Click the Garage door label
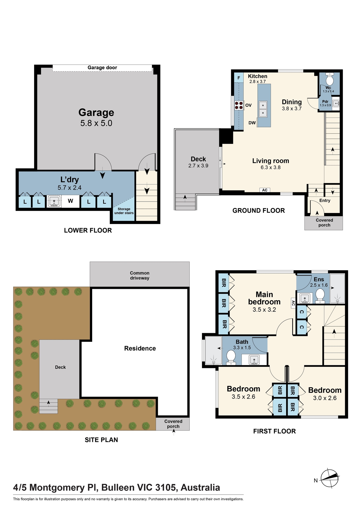102,67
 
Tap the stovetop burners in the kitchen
239,105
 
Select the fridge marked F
239,78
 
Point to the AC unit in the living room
265,190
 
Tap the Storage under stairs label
124,211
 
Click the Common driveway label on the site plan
140,276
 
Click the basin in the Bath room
254,360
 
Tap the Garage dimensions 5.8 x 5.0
96,123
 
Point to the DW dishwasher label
252,123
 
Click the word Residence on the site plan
140,348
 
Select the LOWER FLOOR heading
88,230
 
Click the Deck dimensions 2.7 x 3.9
198,166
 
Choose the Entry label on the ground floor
325,201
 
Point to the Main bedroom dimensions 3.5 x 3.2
264,310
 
